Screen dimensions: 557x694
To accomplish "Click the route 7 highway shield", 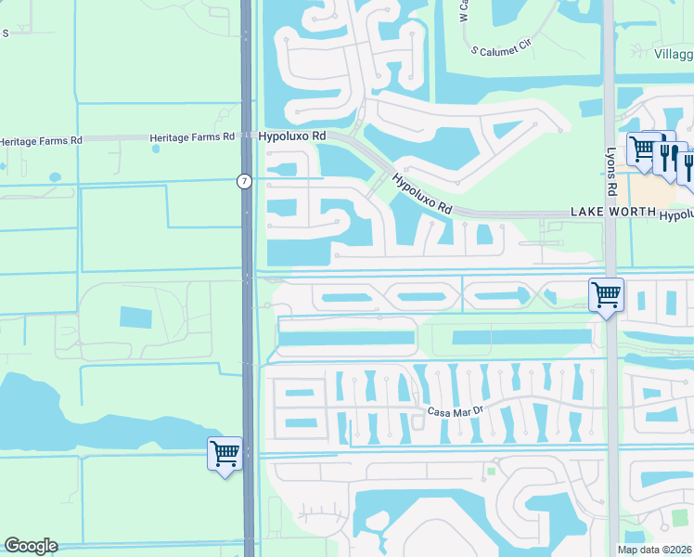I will [243, 182].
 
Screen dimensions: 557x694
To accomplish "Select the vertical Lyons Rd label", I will [611, 173].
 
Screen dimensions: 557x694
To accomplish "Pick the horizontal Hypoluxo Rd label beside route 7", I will [293, 136].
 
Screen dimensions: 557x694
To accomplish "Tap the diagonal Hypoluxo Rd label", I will [421, 194].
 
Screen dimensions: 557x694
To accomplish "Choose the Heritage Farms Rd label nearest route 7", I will [192, 138].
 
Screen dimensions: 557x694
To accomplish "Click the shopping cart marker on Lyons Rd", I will [606, 296].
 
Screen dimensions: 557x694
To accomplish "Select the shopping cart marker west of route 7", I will [225, 454].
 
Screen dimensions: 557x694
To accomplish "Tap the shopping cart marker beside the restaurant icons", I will [642, 149].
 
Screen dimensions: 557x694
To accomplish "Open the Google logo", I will [31, 546].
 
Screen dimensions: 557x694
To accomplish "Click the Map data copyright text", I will [654, 550].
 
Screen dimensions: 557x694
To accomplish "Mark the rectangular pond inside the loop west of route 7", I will [135, 317].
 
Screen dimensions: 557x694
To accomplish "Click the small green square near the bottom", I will [491, 472].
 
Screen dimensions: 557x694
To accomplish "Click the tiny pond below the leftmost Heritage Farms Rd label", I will [55, 175].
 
